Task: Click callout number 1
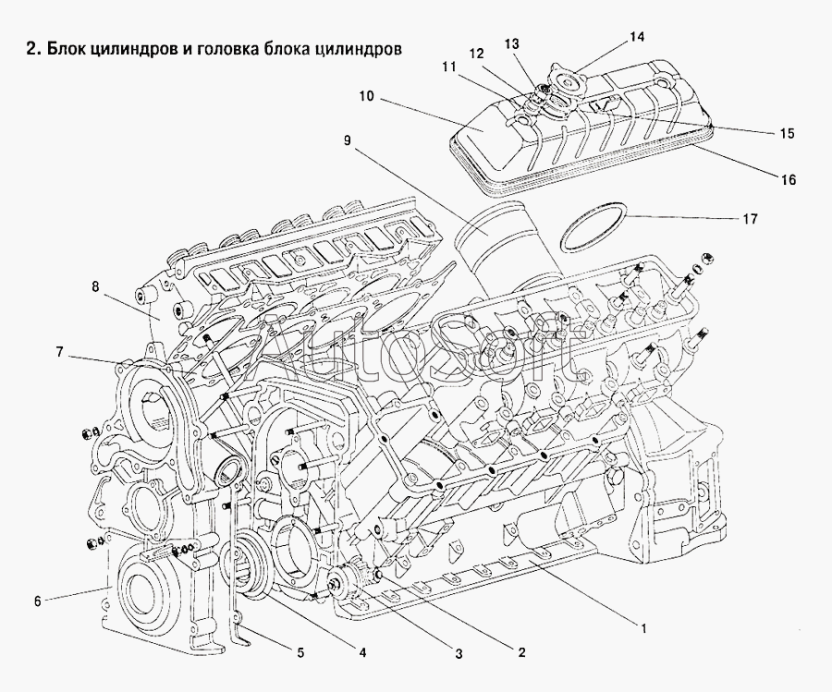tap(643, 629)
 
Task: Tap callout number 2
tap(521, 651)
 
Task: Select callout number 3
tap(459, 654)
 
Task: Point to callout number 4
tap(361, 652)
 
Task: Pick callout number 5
tap(300, 652)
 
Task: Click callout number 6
tap(37, 601)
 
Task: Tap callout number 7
tap(59, 352)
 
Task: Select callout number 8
tap(95, 287)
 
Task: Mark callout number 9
tap(347, 140)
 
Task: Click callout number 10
tap(366, 96)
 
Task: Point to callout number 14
tap(637, 37)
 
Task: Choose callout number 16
tap(789, 180)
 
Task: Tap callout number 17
tap(750, 218)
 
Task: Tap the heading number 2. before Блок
tap(33, 49)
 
